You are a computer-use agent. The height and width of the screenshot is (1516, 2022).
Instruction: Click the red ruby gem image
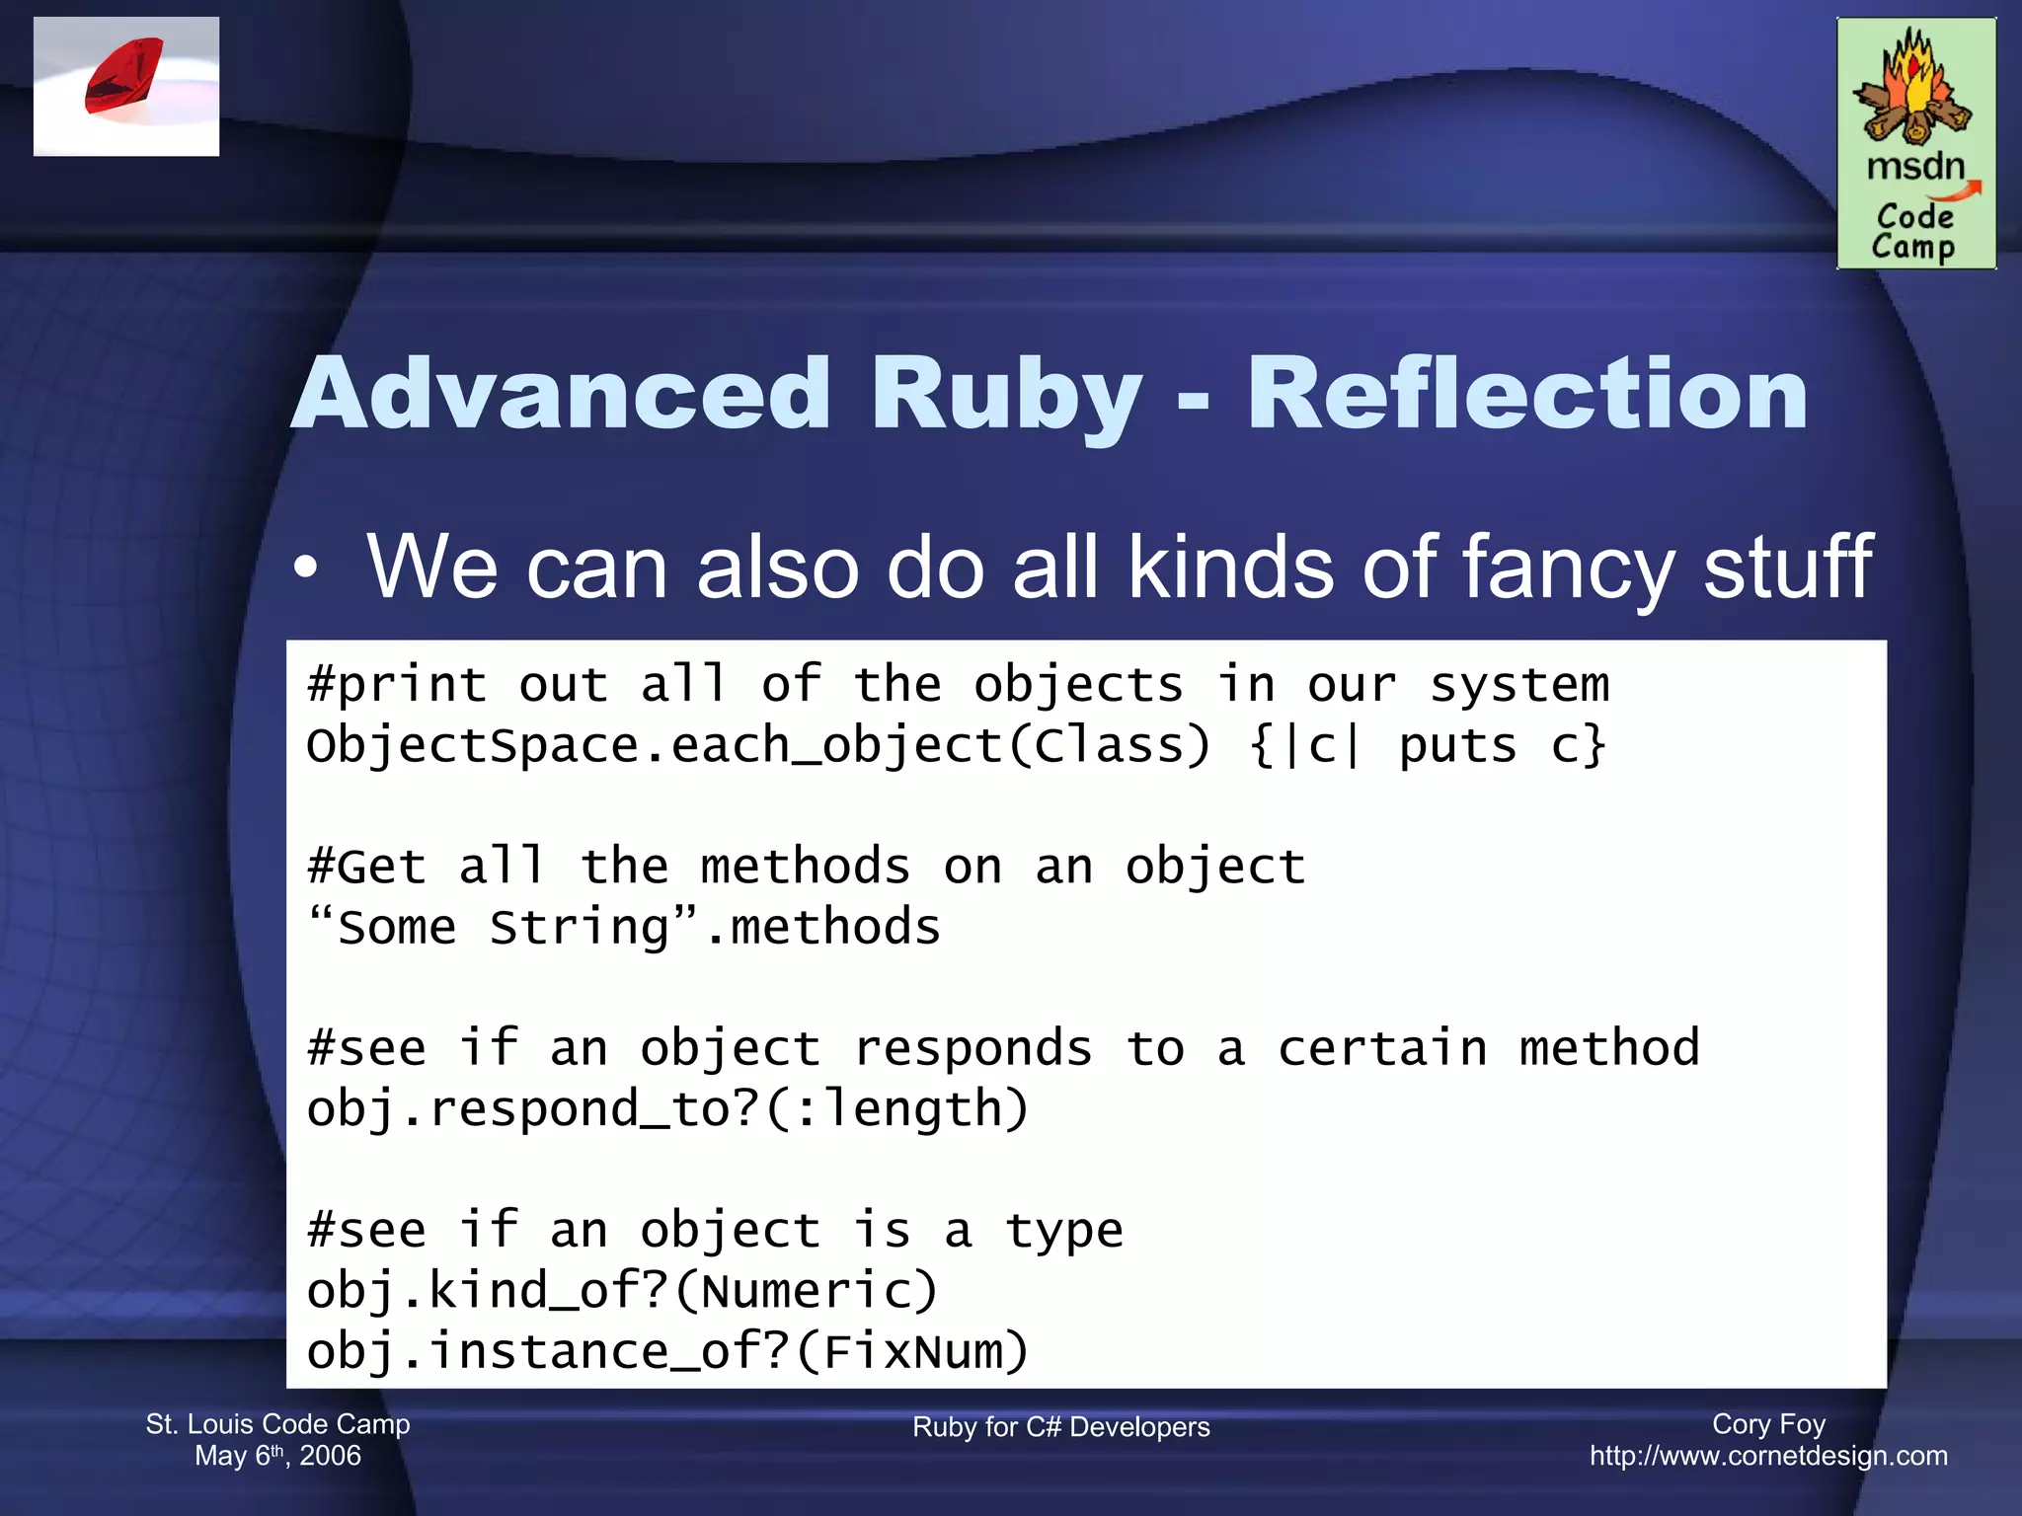[124, 77]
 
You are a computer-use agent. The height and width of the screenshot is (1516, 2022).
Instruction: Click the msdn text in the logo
[1915, 166]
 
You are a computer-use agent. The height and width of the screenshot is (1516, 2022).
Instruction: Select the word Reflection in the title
[1527, 395]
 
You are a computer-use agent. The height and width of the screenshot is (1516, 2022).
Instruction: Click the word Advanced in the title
[561, 395]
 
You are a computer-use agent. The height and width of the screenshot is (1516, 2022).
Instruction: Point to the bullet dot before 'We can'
[306, 568]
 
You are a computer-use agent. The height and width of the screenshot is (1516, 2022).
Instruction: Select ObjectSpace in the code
[472, 746]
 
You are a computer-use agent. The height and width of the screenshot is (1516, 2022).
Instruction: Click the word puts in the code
[1456, 746]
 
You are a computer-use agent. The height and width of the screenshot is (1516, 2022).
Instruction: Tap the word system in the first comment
[1518, 685]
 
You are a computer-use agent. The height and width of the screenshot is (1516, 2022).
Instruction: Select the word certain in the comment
[1381, 1048]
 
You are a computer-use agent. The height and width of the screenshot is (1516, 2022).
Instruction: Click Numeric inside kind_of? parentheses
[805, 1291]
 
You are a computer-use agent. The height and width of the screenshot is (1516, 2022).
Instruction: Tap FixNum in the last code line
[911, 1352]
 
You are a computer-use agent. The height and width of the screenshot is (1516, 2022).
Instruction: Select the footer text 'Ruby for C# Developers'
[1060, 1427]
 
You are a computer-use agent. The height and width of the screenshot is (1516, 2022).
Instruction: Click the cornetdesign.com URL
[1768, 1456]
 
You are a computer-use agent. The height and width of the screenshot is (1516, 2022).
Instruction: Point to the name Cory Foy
[1768, 1424]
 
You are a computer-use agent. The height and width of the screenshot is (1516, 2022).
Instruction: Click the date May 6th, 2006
[277, 1456]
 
